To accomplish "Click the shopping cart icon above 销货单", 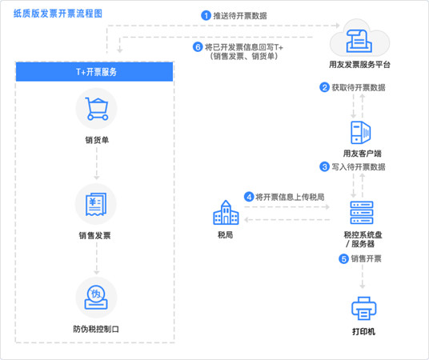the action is coord(97,109).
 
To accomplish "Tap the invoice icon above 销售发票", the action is coord(96,204).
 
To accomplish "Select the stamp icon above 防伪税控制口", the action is coord(96,298).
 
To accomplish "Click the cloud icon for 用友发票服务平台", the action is coord(359,38).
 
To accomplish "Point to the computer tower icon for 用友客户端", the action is coord(361,133).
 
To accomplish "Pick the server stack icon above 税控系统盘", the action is coord(362,213).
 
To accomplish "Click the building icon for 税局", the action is coord(226,213).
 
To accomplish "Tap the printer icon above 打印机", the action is coord(363,308).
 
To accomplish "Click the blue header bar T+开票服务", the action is coord(94,72).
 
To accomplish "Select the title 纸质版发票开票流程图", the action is coord(58,14).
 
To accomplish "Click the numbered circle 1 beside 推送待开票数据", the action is coord(206,15).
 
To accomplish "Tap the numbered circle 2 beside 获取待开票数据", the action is coord(324,87).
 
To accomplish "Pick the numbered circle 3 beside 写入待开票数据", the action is coord(324,166).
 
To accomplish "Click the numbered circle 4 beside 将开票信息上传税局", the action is coord(249,197).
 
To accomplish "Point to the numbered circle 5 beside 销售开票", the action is coord(343,258).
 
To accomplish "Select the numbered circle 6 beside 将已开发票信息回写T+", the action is coord(198,47).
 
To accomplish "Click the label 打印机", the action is coord(363,331).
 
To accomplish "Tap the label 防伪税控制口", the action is coord(96,329).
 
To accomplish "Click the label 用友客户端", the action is coord(363,154).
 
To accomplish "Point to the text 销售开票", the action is coord(366,258).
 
